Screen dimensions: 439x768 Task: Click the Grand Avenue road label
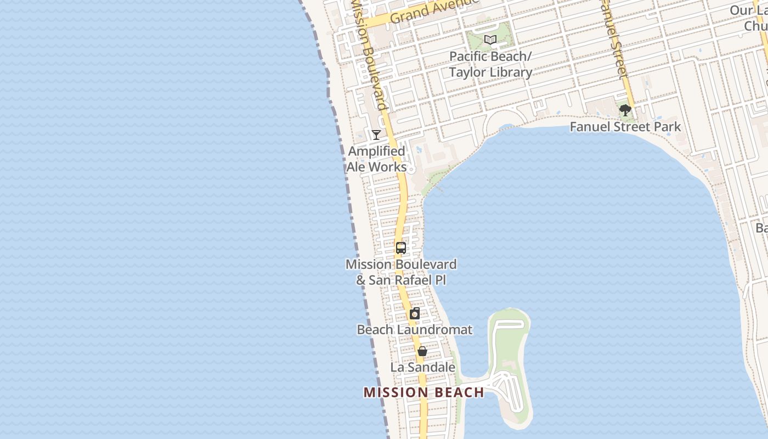(428, 12)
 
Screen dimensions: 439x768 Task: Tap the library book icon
(490, 40)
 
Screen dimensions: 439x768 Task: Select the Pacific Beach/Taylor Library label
(490, 64)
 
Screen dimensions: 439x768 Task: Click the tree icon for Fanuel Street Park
(625, 110)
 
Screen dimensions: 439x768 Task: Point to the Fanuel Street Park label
(625, 127)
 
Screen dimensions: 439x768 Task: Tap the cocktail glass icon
(376, 134)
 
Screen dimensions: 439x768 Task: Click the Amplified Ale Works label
(377, 159)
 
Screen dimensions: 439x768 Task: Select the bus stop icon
(401, 247)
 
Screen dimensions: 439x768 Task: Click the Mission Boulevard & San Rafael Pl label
(401, 272)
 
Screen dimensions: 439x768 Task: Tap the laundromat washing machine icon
(415, 314)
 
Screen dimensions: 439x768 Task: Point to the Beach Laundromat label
(414, 330)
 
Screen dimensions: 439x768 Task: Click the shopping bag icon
(422, 351)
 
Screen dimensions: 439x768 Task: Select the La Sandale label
(422, 367)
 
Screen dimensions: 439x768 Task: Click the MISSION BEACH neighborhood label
(423, 392)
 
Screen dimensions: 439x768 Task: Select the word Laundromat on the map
(434, 330)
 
